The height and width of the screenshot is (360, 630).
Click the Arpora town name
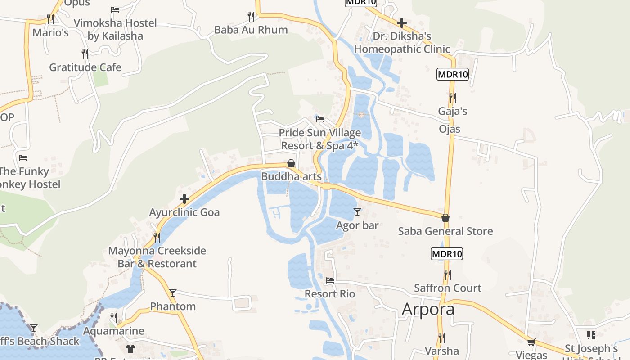(x=428, y=309)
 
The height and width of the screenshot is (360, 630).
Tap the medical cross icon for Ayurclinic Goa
(x=184, y=199)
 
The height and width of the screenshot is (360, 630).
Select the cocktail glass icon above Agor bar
(x=357, y=211)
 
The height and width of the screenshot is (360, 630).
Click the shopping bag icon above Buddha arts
(x=291, y=163)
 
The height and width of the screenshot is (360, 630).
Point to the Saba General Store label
(x=445, y=231)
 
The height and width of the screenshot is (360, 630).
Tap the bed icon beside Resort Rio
(x=330, y=280)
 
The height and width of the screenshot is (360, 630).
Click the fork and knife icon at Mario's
(x=50, y=19)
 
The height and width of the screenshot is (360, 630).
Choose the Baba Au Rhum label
(x=251, y=30)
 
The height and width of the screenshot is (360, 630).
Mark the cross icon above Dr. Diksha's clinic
(x=402, y=23)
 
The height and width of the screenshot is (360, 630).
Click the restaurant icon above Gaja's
(x=452, y=97)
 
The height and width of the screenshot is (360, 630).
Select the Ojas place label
(x=450, y=129)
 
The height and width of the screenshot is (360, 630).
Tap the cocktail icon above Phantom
(x=173, y=293)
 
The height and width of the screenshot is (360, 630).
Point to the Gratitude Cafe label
(x=85, y=67)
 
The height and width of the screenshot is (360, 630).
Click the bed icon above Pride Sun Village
(x=320, y=119)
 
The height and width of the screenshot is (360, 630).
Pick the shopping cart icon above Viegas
(x=531, y=342)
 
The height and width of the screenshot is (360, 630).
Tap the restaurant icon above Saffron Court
(x=447, y=274)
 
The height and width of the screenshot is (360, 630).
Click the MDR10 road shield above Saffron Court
(x=447, y=254)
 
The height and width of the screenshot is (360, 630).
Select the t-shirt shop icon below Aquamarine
(x=130, y=348)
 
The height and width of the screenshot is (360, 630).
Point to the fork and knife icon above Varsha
(x=442, y=337)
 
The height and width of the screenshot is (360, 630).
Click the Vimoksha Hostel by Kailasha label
(x=115, y=29)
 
